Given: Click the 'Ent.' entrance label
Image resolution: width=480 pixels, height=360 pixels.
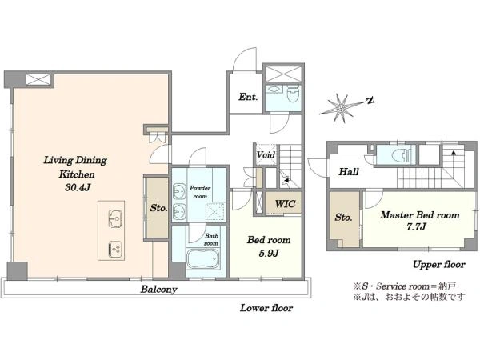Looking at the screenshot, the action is pyautogui.click(x=248, y=97).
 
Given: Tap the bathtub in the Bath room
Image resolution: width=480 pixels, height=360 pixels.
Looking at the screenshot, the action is pyautogui.click(x=203, y=259).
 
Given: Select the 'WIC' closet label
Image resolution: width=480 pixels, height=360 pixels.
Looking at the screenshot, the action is pyautogui.click(x=285, y=204).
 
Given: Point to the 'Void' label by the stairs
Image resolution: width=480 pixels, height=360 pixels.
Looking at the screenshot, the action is pyautogui.click(x=266, y=154).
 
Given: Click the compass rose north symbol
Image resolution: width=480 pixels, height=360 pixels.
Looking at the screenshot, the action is pyautogui.click(x=341, y=108).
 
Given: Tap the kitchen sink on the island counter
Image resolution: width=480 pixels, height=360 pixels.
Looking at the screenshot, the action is pyautogui.click(x=115, y=218).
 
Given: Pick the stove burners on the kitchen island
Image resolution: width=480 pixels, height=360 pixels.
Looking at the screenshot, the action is pyautogui.click(x=115, y=249).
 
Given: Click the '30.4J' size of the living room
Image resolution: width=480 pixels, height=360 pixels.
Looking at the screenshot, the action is pyautogui.click(x=78, y=187).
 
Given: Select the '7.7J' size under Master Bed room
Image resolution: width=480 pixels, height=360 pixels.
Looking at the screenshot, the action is pyautogui.click(x=416, y=227).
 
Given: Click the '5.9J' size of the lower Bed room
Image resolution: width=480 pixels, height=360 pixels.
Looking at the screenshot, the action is pyautogui.click(x=269, y=253).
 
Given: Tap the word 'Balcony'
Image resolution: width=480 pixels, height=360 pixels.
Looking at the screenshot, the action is pyautogui.click(x=159, y=290).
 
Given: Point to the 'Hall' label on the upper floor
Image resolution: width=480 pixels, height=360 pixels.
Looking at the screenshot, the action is pyautogui.click(x=349, y=172).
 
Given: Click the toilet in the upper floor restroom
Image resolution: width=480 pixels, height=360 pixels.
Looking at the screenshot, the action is pyautogui.click(x=401, y=155).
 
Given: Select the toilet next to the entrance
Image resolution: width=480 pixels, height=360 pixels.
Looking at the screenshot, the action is pyautogui.click(x=293, y=94).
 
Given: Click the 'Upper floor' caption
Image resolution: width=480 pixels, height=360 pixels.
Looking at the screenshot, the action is pyautogui.click(x=439, y=265).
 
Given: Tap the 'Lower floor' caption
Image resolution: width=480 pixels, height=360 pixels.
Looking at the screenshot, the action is pyautogui.click(x=266, y=308).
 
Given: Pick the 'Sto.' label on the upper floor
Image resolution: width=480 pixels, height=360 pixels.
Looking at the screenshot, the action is pyautogui.click(x=343, y=218).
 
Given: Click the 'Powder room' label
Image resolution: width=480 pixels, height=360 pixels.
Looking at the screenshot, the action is pyautogui.click(x=200, y=192).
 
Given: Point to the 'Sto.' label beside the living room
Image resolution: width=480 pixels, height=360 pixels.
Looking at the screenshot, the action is pyautogui.click(x=158, y=208).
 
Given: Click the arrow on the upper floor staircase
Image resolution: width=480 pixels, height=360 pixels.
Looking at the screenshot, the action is pyautogui.click(x=454, y=152).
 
